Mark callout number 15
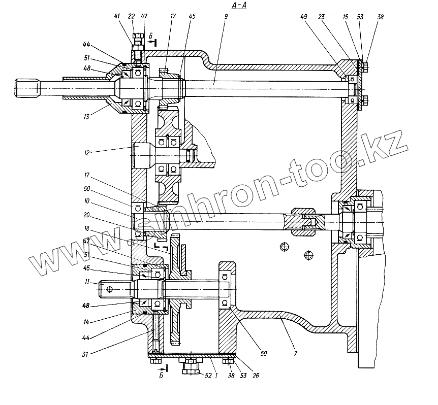tap(345, 17)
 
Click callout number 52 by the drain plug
tap(207, 376)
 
